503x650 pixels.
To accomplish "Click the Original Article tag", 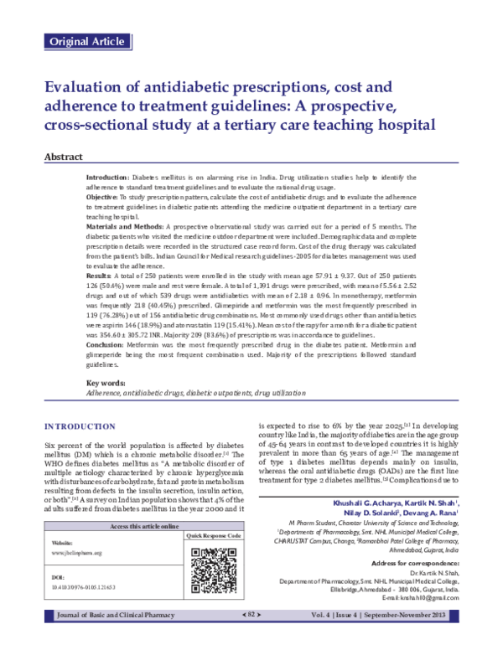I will point(88,41).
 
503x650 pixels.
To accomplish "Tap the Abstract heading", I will point(64,157).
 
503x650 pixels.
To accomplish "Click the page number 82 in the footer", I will point(251,638).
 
